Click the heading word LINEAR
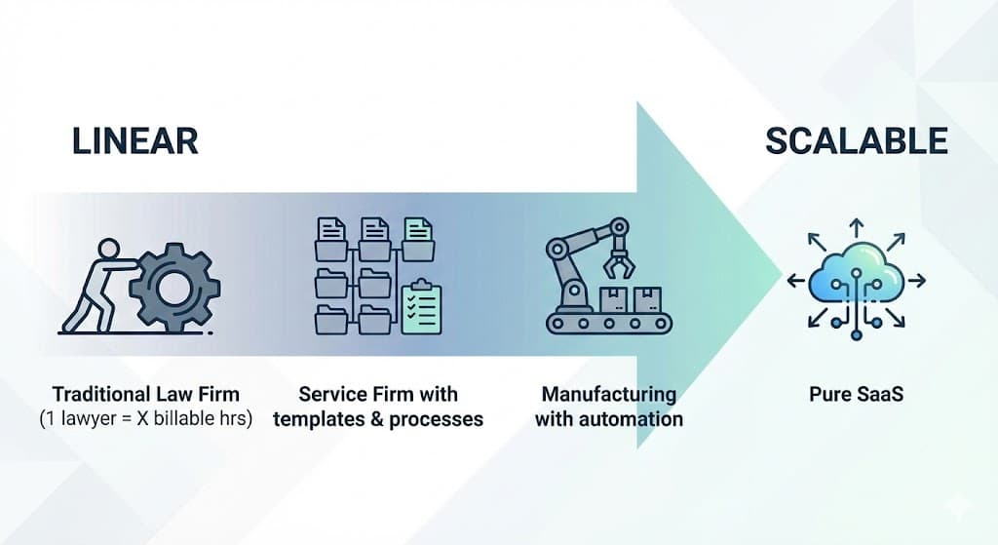135,141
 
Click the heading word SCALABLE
856,141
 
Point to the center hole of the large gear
174,287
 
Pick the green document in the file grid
418,235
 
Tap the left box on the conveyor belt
612,298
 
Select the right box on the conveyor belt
645,298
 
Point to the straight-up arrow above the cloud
856,227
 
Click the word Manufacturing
609,395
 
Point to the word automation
633,419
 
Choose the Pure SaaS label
857,395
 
